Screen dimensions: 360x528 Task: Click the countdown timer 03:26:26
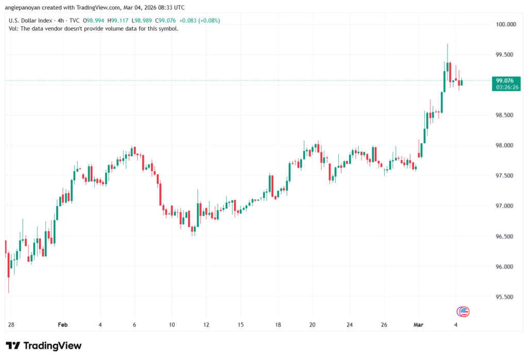pos(507,88)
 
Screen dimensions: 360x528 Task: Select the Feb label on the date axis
pos(63,325)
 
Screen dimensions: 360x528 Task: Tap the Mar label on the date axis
pos(419,325)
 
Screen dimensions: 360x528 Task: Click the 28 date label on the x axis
pos(11,325)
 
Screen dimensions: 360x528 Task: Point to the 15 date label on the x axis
pos(240,325)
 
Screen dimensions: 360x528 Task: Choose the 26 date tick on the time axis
pos(384,325)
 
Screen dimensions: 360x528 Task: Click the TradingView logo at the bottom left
pos(44,346)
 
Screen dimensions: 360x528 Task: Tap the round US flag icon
pos(463,311)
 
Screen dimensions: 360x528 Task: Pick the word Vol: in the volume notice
pos(14,28)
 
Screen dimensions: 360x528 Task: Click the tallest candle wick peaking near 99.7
pos(448,52)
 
